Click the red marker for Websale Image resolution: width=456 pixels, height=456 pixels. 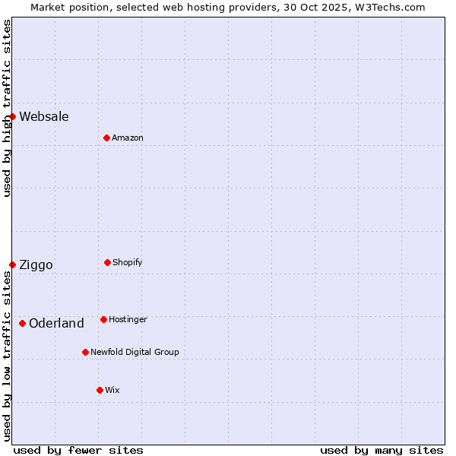click(13, 116)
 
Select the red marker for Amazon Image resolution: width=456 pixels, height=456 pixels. click(106, 138)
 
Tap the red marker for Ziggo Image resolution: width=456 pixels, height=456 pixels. click(13, 264)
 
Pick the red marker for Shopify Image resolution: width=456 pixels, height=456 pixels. click(107, 262)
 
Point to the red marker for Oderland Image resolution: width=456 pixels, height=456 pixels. click(23, 323)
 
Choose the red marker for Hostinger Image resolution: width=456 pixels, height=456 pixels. click(103, 319)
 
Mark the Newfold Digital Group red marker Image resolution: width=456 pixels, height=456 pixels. click(85, 352)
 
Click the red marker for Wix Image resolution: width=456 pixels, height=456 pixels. click(100, 390)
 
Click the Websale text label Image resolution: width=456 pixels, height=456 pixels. click(44, 116)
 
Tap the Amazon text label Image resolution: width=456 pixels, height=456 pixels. click(128, 138)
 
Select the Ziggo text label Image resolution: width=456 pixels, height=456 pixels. click(36, 264)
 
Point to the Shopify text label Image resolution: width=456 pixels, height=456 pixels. click(128, 262)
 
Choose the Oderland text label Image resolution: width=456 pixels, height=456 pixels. click(56, 323)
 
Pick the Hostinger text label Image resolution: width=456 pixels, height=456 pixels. click(128, 319)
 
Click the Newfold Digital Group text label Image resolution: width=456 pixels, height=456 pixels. click(135, 352)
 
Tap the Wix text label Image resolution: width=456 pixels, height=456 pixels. click(112, 390)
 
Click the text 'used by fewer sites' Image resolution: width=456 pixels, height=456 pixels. click(78, 450)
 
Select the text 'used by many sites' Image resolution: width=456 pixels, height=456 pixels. click(382, 450)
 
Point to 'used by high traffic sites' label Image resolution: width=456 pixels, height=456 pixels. click(7, 108)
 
